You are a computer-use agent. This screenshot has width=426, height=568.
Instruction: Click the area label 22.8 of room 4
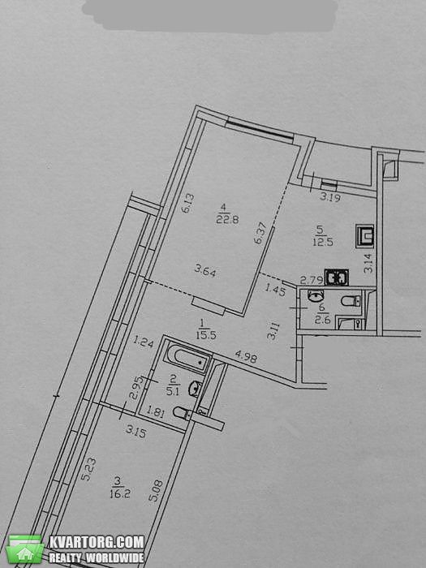pyautogui.click(x=227, y=220)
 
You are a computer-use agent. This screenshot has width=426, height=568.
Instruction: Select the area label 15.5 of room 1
pyautogui.click(x=206, y=335)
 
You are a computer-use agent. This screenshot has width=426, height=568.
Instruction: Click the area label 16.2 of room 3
pyautogui.click(x=119, y=493)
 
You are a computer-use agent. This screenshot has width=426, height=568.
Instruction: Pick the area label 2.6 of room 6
pyautogui.click(x=322, y=321)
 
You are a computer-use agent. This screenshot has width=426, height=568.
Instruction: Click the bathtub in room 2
pyautogui.click(x=188, y=359)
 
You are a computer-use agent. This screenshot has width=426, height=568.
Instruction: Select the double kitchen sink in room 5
pyautogui.click(x=337, y=278)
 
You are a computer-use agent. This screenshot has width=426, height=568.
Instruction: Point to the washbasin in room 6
pyautogui.click(x=316, y=295)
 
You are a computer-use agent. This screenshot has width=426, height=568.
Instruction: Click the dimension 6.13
pyautogui.click(x=188, y=203)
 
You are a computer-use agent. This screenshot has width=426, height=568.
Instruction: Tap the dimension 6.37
pyautogui.click(x=260, y=233)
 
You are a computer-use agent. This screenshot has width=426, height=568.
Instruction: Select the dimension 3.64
pyautogui.click(x=205, y=270)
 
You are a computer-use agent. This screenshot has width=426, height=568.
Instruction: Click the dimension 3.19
pyautogui.click(x=330, y=198)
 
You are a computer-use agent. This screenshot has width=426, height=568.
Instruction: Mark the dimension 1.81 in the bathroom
pyautogui.click(x=156, y=412)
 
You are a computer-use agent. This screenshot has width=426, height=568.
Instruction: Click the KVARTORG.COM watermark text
pyautogui.click(x=97, y=542)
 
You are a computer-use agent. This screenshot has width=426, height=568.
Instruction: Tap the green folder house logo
pyautogui.click(x=25, y=549)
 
